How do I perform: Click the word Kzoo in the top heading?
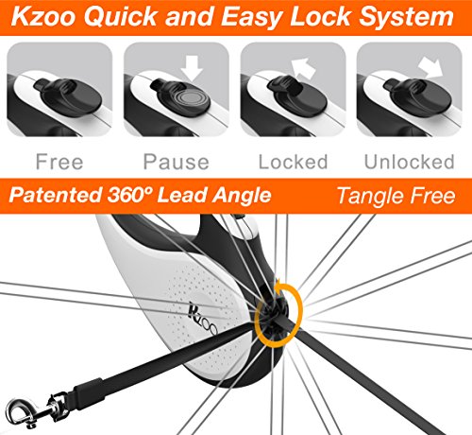(x=43, y=16)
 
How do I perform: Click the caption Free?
(x=59, y=162)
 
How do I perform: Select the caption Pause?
(x=177, y=162)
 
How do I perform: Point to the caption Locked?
(x=293, y=162)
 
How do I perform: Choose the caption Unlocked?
(x=410, y=162)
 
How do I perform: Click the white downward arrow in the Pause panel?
(x=192, y=68)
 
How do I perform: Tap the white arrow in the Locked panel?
(x=303, y=68)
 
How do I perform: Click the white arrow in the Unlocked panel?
(x=430, y=68)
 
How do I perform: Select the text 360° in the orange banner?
(x=129, y=195)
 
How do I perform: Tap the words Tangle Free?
(x=396, y=197)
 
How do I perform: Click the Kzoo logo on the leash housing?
(x=203, y=319)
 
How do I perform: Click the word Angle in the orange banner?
(x=242, y=197)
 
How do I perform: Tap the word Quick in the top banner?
(x=120, y=16)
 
